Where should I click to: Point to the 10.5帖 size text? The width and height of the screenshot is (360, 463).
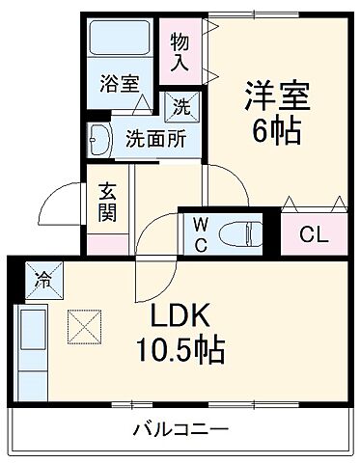(x=179, y=349)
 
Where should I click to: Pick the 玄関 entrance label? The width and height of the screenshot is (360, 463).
(x=106, y=199)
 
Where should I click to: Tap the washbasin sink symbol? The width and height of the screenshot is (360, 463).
(x=100, y=139)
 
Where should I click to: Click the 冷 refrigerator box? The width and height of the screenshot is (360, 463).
(x=43, y=281)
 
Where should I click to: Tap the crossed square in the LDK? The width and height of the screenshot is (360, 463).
(x=84, y=325)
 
